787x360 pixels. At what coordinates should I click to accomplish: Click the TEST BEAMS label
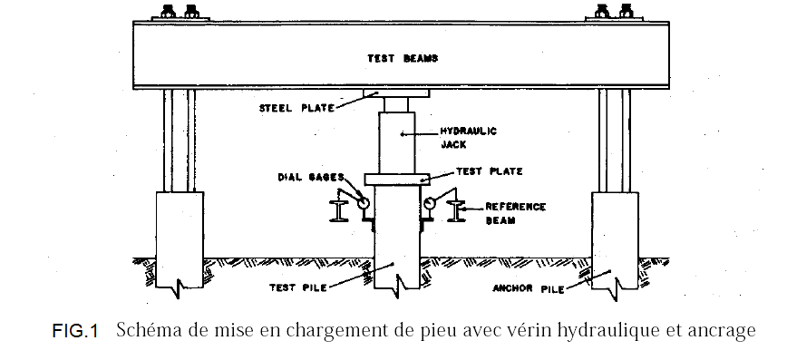403,59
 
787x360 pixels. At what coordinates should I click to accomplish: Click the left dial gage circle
363,204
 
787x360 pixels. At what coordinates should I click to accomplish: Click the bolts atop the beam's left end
180,13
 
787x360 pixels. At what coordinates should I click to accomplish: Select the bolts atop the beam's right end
614,13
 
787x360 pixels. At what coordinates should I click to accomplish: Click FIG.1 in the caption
74,332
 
